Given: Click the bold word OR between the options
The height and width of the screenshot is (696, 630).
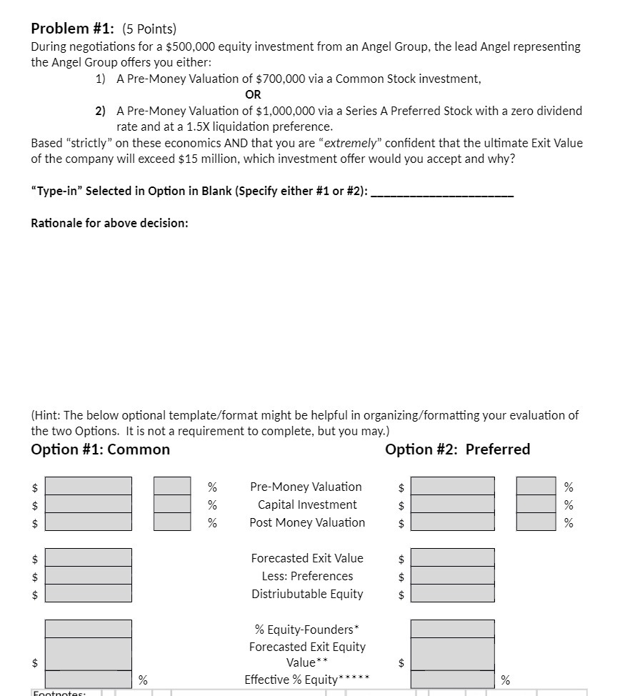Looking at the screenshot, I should coord(253,94).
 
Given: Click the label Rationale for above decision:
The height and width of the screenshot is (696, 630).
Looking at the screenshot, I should coord(109,223).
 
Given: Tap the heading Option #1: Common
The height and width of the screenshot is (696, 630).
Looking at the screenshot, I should coord(101,449).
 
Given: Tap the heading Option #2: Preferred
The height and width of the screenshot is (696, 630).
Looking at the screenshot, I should coord(457,449).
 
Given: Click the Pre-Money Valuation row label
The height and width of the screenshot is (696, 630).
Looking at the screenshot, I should coord(306,487).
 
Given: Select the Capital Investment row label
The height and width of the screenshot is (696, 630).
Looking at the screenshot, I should coord(307,504).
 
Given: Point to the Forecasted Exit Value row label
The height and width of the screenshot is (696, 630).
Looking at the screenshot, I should coord(307,558).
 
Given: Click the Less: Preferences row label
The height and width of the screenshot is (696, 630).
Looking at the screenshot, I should coord(307,576).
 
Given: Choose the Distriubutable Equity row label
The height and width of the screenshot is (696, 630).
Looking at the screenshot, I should coord(307,594).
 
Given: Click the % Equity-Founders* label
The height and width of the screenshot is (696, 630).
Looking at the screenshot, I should coord(307,630).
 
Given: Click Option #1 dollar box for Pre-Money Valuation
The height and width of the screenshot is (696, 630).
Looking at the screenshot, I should coord(89,487).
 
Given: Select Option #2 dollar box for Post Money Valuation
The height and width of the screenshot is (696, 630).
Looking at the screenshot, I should coord(452,522).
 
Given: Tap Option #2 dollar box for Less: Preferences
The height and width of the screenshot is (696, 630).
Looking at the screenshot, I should coord(452,576).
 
